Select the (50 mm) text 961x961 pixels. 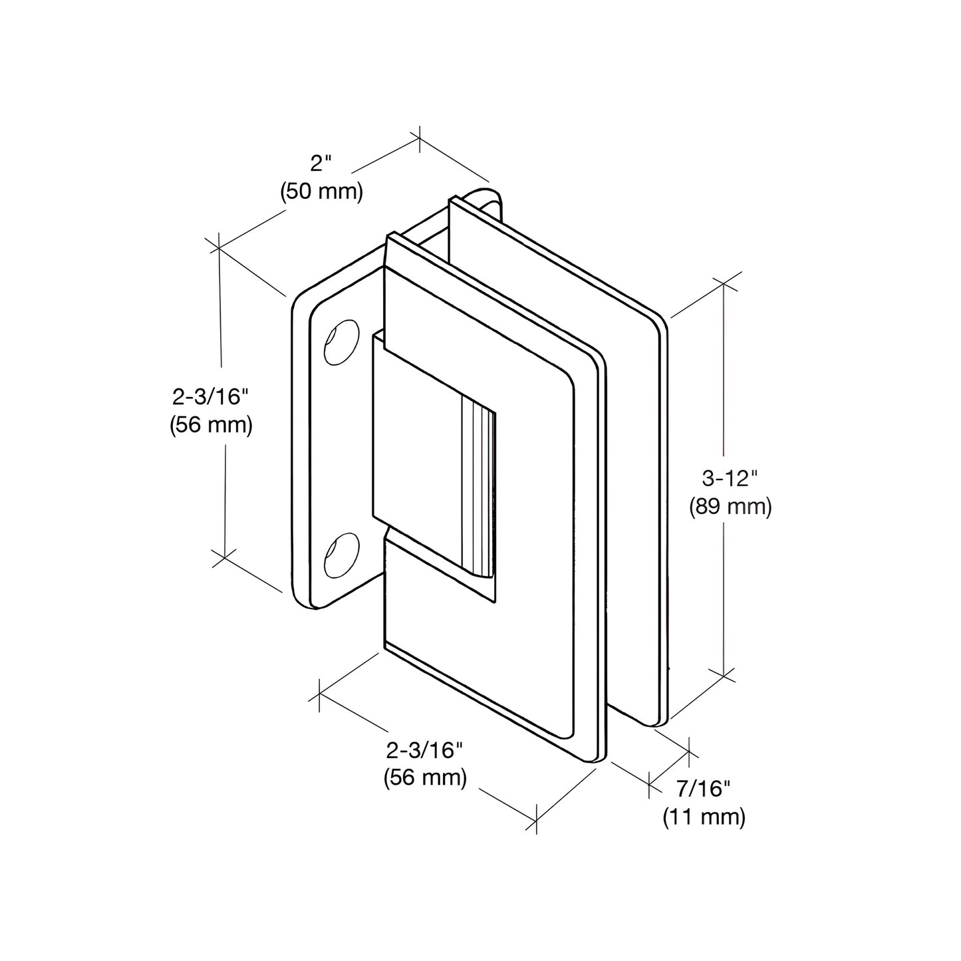[321, 192]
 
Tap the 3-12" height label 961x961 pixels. [730, 478]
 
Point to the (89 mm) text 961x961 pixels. [730, 507]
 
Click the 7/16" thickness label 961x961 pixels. [703, 789]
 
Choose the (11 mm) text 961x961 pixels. [704, 817]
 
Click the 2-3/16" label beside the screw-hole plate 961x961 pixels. [210, 396]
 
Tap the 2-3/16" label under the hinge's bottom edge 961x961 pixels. [424, 750]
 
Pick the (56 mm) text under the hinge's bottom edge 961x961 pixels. [425, 777]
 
